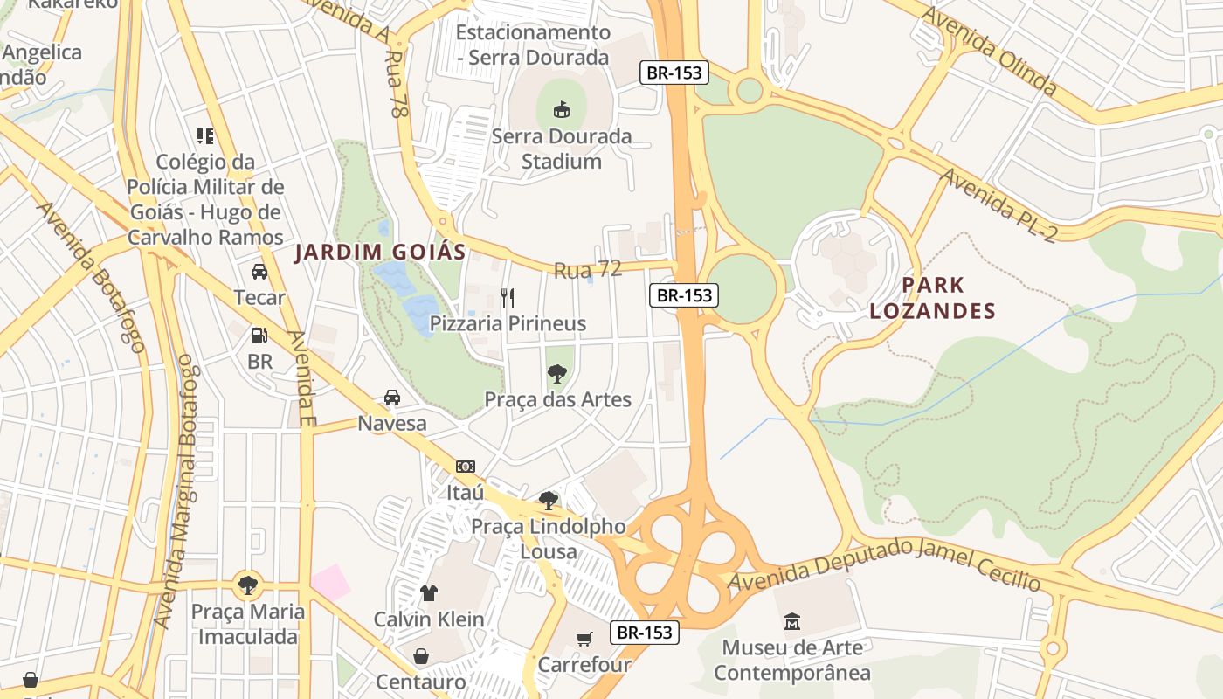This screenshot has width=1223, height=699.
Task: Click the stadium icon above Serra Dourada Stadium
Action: [562, 109]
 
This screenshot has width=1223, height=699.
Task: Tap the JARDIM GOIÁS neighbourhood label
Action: [380, 253]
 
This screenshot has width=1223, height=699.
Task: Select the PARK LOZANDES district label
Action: [933, 298]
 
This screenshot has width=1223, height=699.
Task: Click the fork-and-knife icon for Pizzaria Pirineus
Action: [508, 297]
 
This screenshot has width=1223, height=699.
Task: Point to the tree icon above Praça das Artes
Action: [556, 374]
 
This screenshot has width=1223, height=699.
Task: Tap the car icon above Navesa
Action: [392, 398]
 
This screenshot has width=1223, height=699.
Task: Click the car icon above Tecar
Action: [259, 272]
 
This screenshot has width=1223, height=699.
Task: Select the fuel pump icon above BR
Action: [259, 336]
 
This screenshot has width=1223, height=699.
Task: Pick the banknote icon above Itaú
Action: [466, 467]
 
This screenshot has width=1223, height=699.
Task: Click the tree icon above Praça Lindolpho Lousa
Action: [549, 501]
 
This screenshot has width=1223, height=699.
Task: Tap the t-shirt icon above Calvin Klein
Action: [428, 593]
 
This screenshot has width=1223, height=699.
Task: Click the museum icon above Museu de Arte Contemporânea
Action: [792, 622]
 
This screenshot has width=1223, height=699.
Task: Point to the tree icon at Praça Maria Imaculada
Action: [249, 584]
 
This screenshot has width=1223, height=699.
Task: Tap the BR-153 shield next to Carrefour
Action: [645, 633]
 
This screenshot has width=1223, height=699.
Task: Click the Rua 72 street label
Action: [588, 270]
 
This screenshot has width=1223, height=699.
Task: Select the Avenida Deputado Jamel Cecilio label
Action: [885, 565]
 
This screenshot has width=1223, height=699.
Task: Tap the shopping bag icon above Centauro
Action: [421, 655]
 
